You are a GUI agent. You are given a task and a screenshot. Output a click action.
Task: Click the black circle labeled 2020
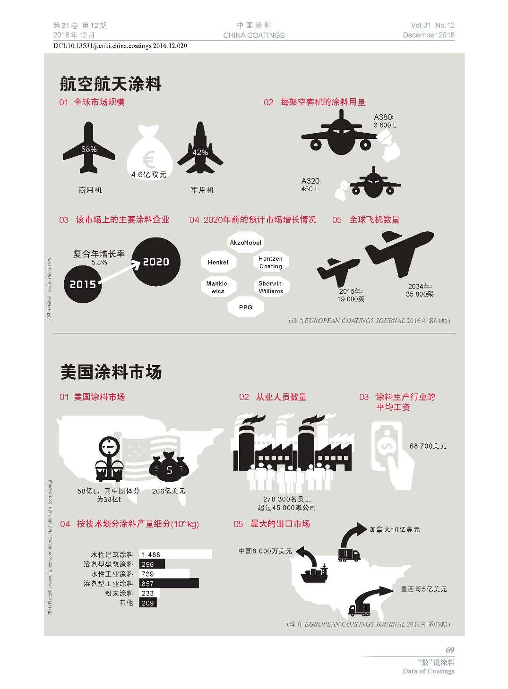(x=156, y=262)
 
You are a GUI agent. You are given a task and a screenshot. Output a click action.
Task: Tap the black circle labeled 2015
(x=83, y=284)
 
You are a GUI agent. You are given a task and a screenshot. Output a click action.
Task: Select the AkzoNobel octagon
(x=245, y=243)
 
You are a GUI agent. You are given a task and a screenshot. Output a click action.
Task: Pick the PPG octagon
(x=246, y=307)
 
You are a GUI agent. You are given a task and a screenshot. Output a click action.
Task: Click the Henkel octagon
(x=218, y=263)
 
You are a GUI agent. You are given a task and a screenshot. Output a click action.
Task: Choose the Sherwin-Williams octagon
(x=271, y=287)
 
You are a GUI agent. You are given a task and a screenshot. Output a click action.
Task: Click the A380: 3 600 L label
(x=385, y=121)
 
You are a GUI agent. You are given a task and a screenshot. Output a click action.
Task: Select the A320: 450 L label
(x=310, y=185)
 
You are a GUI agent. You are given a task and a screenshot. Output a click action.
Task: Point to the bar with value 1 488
(x=175, y=554)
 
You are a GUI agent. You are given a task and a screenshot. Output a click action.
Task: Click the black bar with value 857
(x=169, y=584)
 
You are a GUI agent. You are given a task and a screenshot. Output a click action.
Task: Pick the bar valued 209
(x=147, y=603)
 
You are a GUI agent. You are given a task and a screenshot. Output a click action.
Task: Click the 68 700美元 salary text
(x=428, y=446)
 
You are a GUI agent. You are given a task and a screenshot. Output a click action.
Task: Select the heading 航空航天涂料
(x=111, y=84)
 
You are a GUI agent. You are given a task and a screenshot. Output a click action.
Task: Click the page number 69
(x=449, y=650)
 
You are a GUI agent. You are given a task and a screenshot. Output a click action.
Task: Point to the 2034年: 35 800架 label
(x=420, y=290)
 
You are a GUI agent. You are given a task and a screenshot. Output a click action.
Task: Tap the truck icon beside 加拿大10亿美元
(x=349, y=555)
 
